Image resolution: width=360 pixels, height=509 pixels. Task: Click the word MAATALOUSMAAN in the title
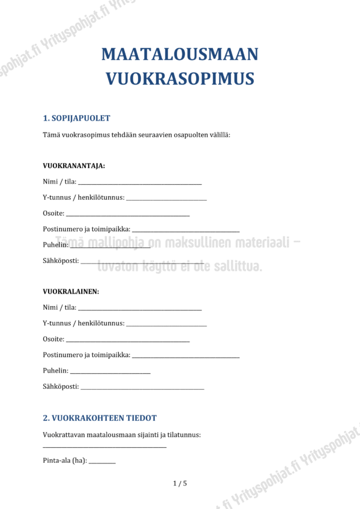180,55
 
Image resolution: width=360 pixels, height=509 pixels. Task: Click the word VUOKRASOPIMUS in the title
180,79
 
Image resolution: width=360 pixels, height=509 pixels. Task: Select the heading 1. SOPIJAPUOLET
76,118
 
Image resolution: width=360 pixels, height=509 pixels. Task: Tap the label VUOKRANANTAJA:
74,166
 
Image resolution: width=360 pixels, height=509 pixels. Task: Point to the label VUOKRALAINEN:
71,292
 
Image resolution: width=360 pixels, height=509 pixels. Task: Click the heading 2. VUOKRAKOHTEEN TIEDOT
100,418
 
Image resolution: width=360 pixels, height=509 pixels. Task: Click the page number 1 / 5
180,483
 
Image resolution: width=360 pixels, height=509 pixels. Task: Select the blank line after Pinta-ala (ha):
102,462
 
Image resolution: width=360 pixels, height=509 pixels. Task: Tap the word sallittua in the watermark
235,266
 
